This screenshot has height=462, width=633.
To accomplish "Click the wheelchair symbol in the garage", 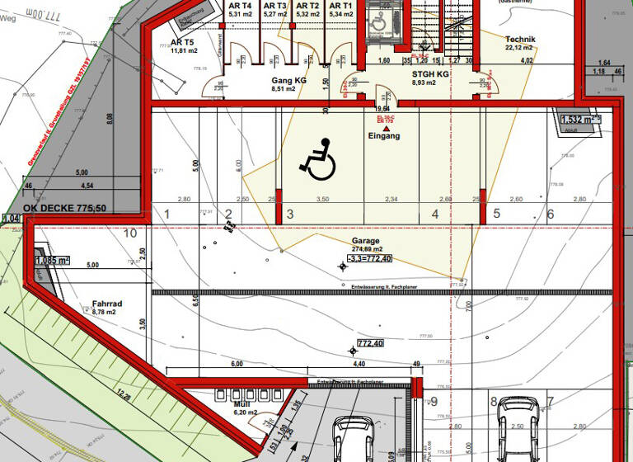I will point(317,159).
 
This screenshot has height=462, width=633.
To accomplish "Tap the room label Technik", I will point(520,40).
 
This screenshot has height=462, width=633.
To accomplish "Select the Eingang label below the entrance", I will point(384,136).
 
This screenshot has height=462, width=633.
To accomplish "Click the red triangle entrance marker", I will point(385,120).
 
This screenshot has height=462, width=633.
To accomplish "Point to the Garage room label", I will point(367,241).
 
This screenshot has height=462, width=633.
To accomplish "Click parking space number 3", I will point(290,214).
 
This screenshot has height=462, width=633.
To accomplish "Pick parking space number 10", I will point(129,233).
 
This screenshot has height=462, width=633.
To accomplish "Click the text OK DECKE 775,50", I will point(64,208).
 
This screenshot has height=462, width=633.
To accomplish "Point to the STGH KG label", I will point(430,73).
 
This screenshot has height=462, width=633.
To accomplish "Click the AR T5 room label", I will point(182,42).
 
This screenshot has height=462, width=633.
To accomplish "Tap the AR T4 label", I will point(240,6).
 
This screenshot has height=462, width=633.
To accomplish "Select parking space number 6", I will point(550,214).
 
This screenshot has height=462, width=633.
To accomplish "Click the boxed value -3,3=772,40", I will point(368,258).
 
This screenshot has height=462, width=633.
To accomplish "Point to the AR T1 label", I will point(340,6).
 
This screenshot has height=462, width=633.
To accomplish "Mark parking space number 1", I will point(166,214).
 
